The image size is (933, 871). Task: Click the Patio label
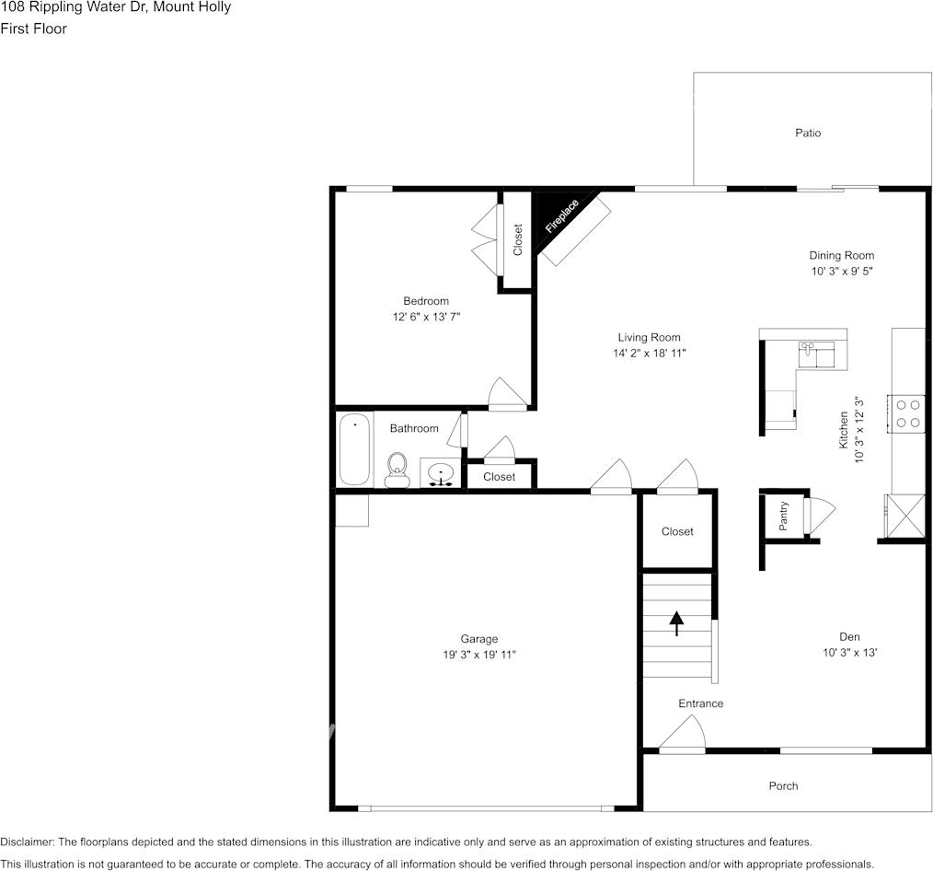(x=808, y=134)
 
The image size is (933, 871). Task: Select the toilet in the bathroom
(x=397, y=469)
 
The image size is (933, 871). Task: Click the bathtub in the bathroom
(x=354, y=449)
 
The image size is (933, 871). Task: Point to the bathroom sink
(x=442, y=474)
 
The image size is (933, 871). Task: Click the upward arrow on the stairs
(x=677, y=623)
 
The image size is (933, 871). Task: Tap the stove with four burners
(x=906, y=412)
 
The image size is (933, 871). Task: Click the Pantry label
(x=784, y=516)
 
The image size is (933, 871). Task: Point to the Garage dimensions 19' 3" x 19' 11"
(x=478, y=655)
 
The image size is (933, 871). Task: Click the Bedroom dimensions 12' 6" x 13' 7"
(x=425, y=317)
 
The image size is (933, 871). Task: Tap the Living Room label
(x=649, y=338)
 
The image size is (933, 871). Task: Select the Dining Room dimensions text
(x=841, y=272)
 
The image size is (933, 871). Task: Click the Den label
(x=848, y=637)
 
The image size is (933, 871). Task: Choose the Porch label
(x=783, y=785)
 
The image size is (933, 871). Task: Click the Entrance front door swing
(x=682, y=735)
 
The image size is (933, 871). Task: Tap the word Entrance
(x=700, y=703)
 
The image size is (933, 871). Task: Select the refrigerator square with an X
(x=904, y=516)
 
